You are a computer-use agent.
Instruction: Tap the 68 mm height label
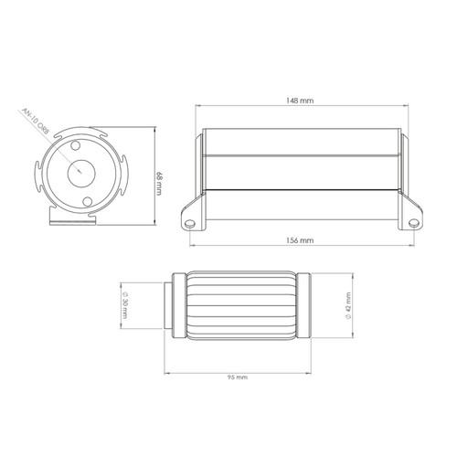click(x=160, y=184)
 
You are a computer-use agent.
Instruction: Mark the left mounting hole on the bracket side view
click(x=190, y=220)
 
